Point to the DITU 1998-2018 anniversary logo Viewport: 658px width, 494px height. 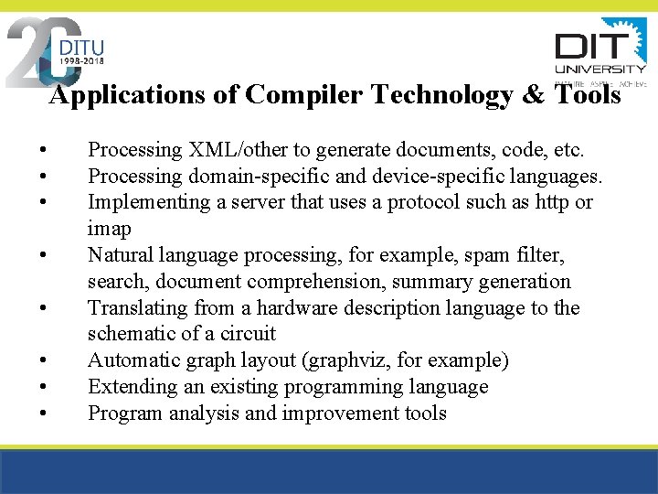[x=57, y=51]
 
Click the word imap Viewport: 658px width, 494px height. [x=110, y=228]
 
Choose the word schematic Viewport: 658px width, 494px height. [x=132, y=334]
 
